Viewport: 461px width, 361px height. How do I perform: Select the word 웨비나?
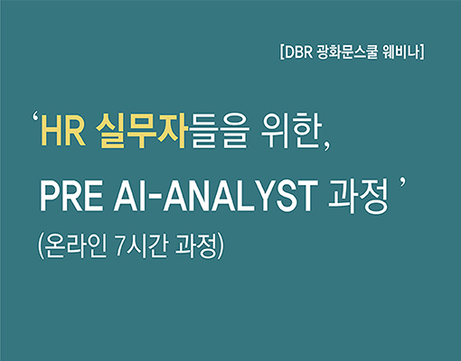pyautogui.click(x=400, y=52)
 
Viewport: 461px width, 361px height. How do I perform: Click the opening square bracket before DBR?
pyautogui.click(x=282, y=52)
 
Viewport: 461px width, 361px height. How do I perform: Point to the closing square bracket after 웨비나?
pyautogui.click(x=422, y=52)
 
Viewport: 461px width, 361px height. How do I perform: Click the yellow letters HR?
pyautogui.click(x=63, y=134)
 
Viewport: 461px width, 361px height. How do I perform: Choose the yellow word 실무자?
pyautogui.click(x=141, y=133)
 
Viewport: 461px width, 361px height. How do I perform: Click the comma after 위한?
pyautogui.click(x=327, y=147)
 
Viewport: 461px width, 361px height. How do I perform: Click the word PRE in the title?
pyautogui.click(x=71, y=197)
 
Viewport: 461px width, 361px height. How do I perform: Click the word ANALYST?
pyautogui.click(x=240, y=197)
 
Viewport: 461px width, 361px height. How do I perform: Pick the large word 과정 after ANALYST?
pyautogui.click(x=358, y=196)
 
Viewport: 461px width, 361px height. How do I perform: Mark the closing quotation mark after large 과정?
pyautogui.click(x=402, y=182)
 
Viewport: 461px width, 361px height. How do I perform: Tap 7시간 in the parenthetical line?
pyautogui.click(x=141, y=246)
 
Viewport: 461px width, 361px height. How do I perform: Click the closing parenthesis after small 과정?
pyautogui.click(x=221, y=246)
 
